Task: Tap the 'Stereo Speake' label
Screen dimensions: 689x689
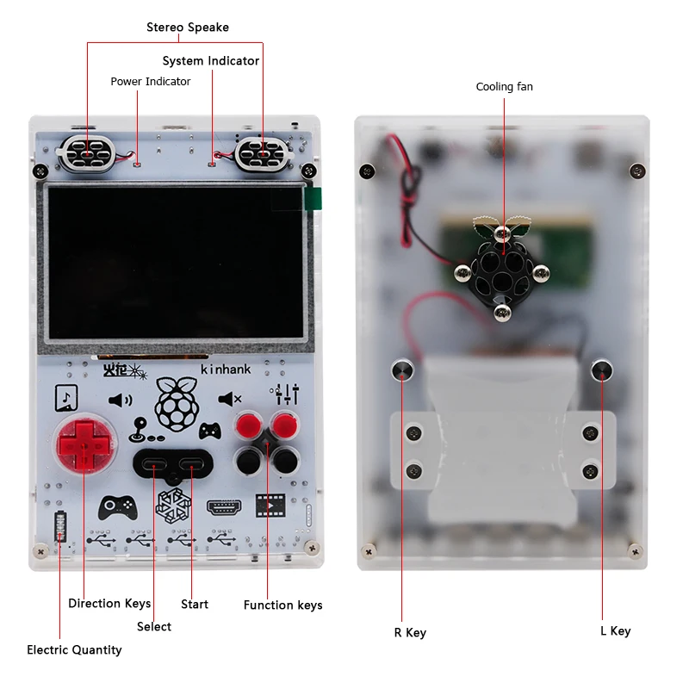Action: pos(187,28)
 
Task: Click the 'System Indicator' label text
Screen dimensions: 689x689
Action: pos(210,61)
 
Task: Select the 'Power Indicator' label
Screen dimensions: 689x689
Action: pos(150,82)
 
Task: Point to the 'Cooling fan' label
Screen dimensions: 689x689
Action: pos(504,87)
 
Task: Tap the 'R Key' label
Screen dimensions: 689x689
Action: pos(410,633)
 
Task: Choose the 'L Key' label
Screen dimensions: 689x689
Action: pos(615,631)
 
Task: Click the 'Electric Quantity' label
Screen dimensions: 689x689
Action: pos(74,650)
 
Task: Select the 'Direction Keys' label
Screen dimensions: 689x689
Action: pos(109,604)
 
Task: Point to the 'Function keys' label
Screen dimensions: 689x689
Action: pos(282,605)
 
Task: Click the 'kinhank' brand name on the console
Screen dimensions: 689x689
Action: pos(226,369)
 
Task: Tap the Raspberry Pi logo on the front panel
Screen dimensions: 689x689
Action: pos(176,403)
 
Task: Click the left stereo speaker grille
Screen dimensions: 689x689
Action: pos(86,152)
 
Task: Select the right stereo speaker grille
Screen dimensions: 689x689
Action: pos(261,152)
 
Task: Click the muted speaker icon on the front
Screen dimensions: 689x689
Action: pos(229,399)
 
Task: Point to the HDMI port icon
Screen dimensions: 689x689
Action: pos(224,507)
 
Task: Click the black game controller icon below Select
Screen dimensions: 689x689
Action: pos(118,506)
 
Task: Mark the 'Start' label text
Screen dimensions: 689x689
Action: pos(195,605)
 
